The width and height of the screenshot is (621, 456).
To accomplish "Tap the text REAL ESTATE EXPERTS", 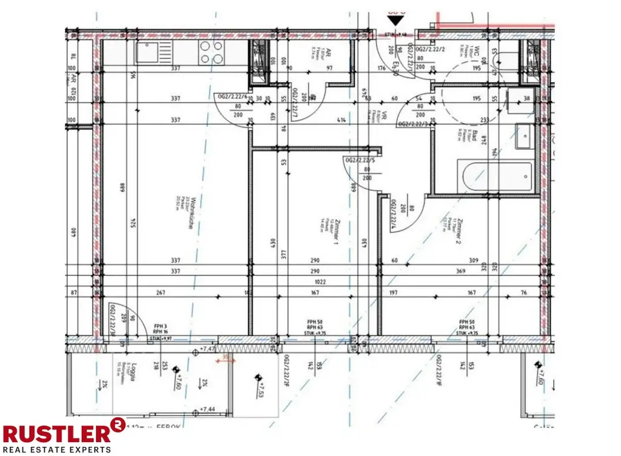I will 58,449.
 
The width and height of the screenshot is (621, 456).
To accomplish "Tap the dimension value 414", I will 341,121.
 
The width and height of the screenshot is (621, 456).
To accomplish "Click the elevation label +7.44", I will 209,410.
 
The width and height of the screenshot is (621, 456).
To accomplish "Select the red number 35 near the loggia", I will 226,358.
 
